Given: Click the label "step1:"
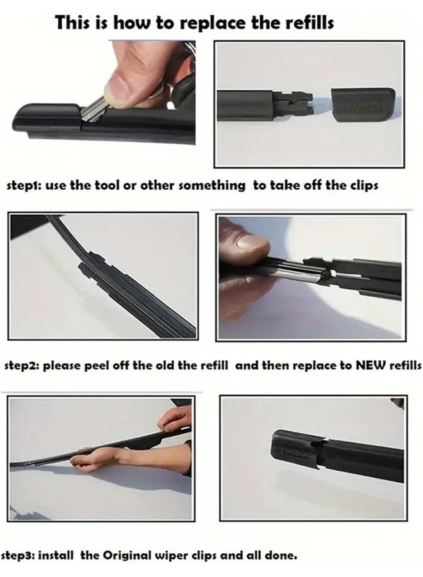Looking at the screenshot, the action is [24, 186].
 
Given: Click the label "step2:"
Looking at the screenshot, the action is [22, 367].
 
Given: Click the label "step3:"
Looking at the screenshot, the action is [19, 555].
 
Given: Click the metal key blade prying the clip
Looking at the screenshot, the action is [93, 111].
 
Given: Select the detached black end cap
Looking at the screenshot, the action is [363, 105].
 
